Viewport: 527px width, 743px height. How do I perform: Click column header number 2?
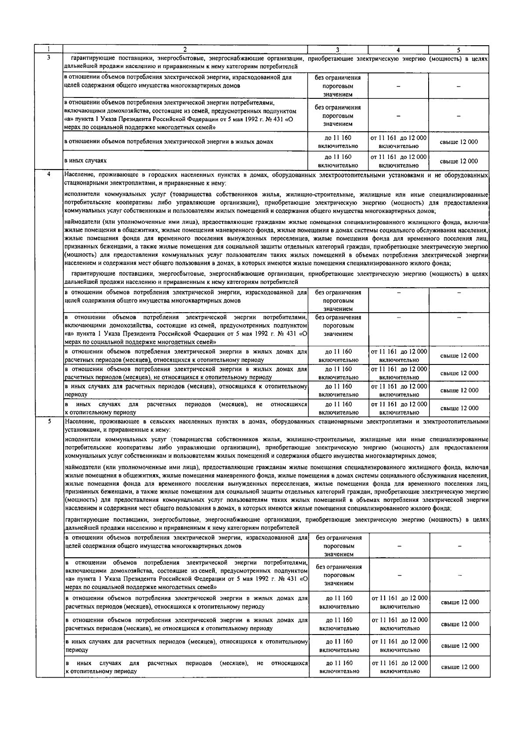185,50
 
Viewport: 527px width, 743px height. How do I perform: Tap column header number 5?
458,50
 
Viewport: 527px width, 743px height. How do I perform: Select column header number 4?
398,50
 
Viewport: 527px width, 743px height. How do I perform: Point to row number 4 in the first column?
49,174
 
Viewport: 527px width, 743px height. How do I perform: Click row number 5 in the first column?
49,421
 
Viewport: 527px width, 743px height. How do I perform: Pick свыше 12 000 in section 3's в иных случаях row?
459,161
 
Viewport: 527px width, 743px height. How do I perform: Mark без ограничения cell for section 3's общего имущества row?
338,86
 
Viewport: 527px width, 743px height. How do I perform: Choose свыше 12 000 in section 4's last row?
459,408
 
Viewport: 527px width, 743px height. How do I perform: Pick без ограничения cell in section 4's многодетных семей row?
338,325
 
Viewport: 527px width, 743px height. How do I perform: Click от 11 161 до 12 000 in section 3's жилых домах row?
398,142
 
